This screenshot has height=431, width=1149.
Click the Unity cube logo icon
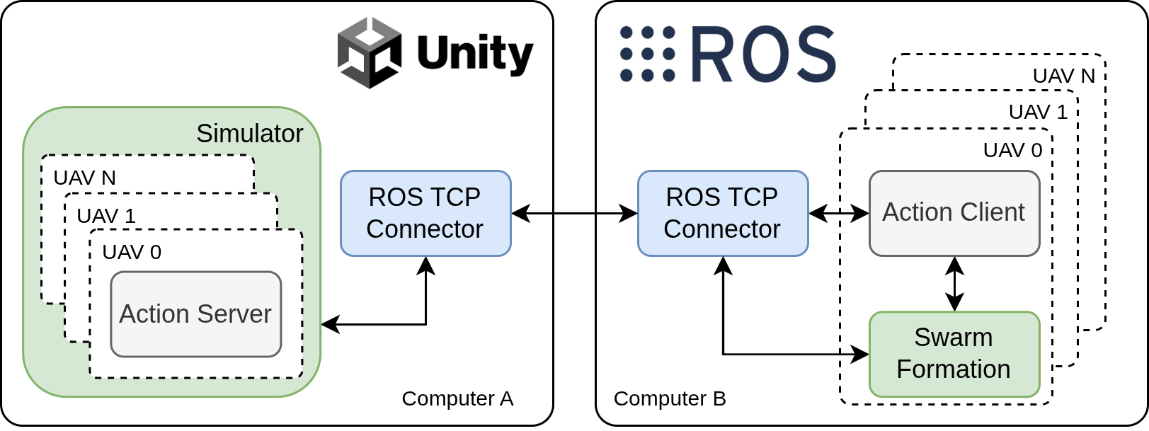[x=369, y=53]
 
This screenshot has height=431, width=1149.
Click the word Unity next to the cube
[x=474, y=54]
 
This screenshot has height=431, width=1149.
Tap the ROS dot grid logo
[x=647, y=54]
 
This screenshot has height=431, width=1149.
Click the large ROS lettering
[x=763, y=54]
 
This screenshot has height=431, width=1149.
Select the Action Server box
[x=196, y=314]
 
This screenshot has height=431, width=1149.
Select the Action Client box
[x=954, y=213]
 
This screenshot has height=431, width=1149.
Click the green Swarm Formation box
[x=954, y=354]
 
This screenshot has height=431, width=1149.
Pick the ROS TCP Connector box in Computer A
[x=425, y=213]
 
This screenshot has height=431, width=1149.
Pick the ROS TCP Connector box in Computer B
[x=722, y=213]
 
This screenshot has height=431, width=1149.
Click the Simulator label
[x=249, y=134]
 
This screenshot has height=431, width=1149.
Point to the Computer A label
[x=457, y=398]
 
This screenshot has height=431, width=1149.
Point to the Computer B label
[x=670, y=398]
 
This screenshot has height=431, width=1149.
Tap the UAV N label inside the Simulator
[x=84, y=178]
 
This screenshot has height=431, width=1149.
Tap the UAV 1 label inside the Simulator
[x=106, y=216]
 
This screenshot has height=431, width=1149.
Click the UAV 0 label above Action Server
[x=132, y=252]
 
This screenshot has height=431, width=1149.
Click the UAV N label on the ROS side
[x=1063, y=76]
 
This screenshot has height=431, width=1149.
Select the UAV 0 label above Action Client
[x=1012, y=150]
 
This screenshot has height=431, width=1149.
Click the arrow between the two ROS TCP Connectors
[x=574, y=213]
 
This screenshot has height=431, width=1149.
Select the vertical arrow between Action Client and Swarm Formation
[x=954, y=284]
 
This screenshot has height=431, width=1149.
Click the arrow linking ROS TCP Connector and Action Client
[x=838, y=213]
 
